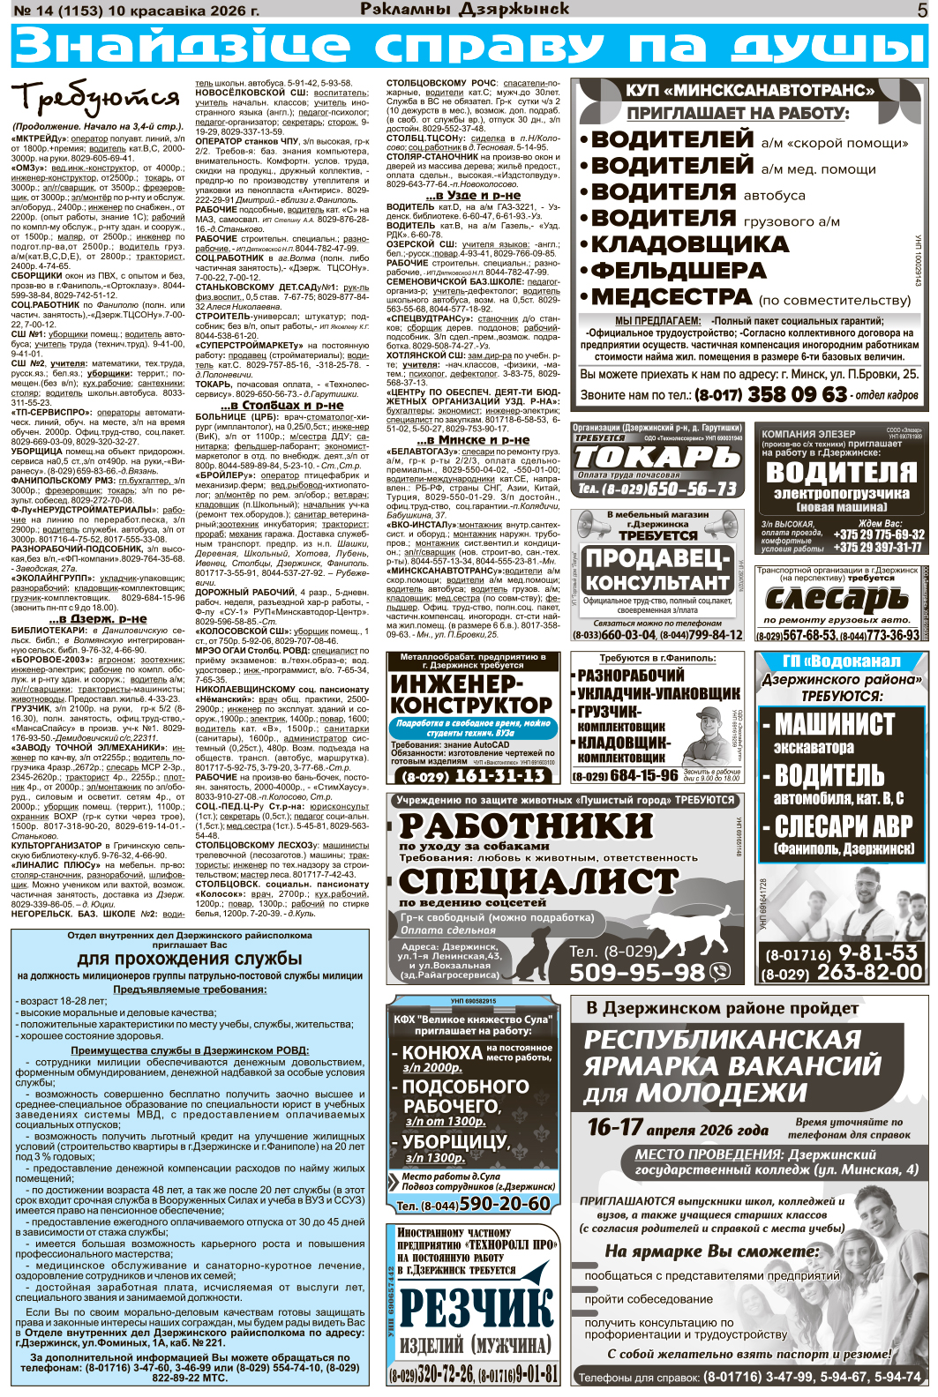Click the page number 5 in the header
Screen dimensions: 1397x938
pyautogui.click(x=922, y=11)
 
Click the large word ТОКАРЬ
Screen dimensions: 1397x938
pyautogui.click(x=657, y=457)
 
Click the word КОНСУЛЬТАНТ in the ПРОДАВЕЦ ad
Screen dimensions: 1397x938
pyautogui.click(x=657, y=583)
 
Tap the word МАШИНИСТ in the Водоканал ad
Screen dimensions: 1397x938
pyautogui.click(x=834, y=725)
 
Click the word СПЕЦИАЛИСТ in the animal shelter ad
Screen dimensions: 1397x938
pyautogui.click(x=537, y=882)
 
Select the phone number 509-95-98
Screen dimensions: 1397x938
pyautogui.click(x=637, y=973)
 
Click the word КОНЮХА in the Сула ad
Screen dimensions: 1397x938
pyautogui.click(x=441, y=1053)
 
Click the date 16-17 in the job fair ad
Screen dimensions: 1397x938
pyautogui.click(x=615, y=1127)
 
